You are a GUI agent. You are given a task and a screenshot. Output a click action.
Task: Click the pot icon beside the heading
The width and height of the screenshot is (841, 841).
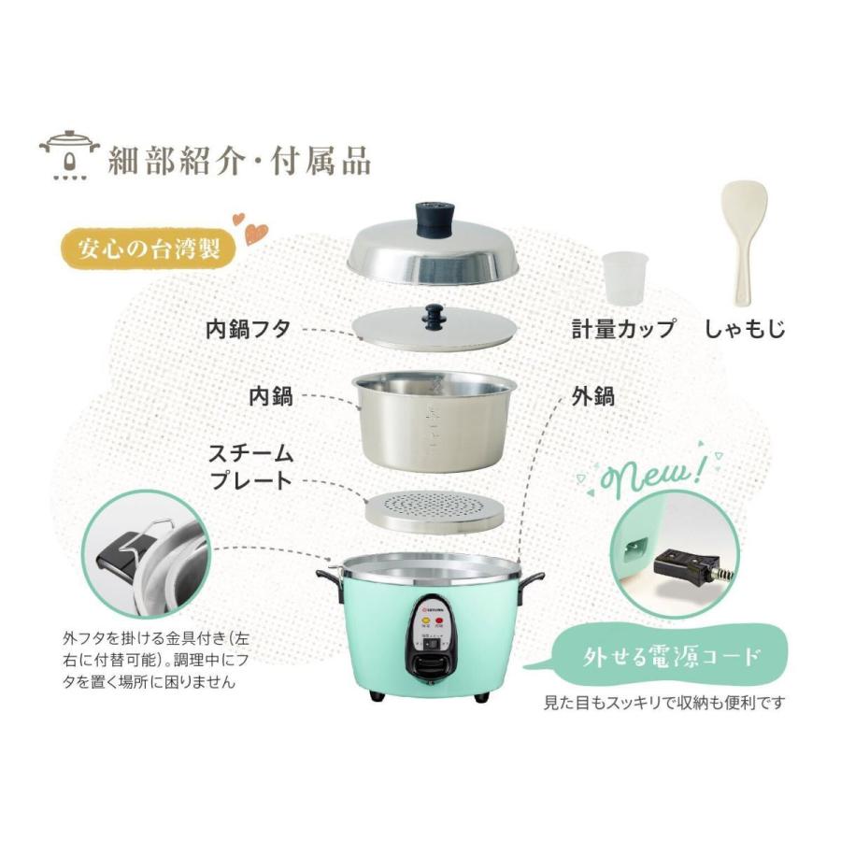pos(67,155)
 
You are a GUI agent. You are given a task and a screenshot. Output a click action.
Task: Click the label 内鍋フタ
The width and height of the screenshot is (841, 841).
pos(248,329)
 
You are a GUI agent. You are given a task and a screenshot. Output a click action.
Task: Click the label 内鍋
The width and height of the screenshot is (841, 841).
pos(270,395)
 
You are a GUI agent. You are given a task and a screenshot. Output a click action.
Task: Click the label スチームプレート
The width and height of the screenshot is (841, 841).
pos(250,468)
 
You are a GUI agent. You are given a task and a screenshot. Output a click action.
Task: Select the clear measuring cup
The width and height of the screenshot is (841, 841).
pos(624,278)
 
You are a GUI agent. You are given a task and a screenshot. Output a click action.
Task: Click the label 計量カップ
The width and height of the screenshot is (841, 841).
pos(623,329)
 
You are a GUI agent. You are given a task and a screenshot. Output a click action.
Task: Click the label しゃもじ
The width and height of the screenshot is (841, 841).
pos(745,329)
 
